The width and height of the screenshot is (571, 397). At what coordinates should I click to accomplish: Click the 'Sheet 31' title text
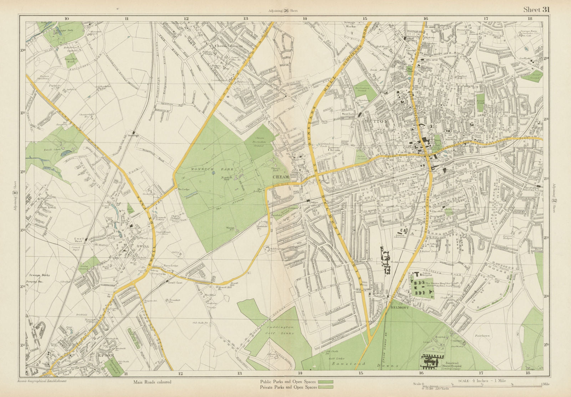point(536,10)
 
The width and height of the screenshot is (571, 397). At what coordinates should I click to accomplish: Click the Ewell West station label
point(78,240)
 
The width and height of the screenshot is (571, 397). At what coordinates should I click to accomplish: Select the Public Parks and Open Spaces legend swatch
point(325,382)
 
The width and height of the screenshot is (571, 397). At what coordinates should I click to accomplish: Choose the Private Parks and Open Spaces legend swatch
point(325,387)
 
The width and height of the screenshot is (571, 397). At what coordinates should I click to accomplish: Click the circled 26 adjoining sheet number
point(286,11)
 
